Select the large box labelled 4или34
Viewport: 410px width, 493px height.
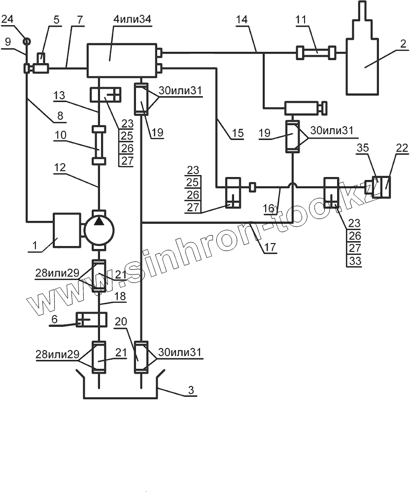click(x=121, y=60)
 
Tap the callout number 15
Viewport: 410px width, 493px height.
click(x=237, y=133)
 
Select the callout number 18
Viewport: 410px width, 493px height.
click(x=119, y=296)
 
